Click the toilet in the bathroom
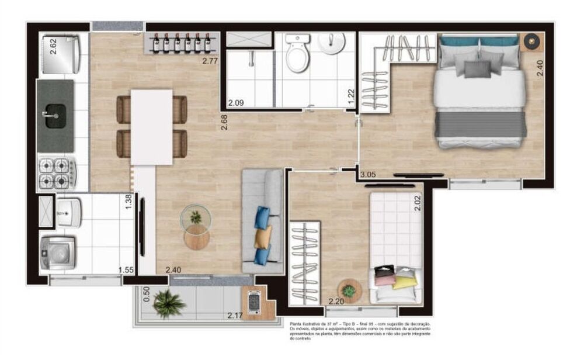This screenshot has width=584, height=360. pos(298,56)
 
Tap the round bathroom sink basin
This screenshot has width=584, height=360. pos(333,43)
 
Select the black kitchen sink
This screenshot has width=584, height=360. pos(56,115)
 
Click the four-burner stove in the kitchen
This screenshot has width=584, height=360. pos(57,173)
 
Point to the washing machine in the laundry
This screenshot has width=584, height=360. pos(57,252)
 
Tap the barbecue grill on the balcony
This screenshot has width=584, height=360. pos(254,302)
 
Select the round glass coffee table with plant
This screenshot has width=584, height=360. pos(196,219)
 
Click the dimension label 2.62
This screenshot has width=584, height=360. pos(53,46)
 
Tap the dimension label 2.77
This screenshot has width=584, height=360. pos(210,60)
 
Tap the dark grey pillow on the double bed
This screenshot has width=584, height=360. pos(478,68)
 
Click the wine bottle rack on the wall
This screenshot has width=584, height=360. pos(181,43)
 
